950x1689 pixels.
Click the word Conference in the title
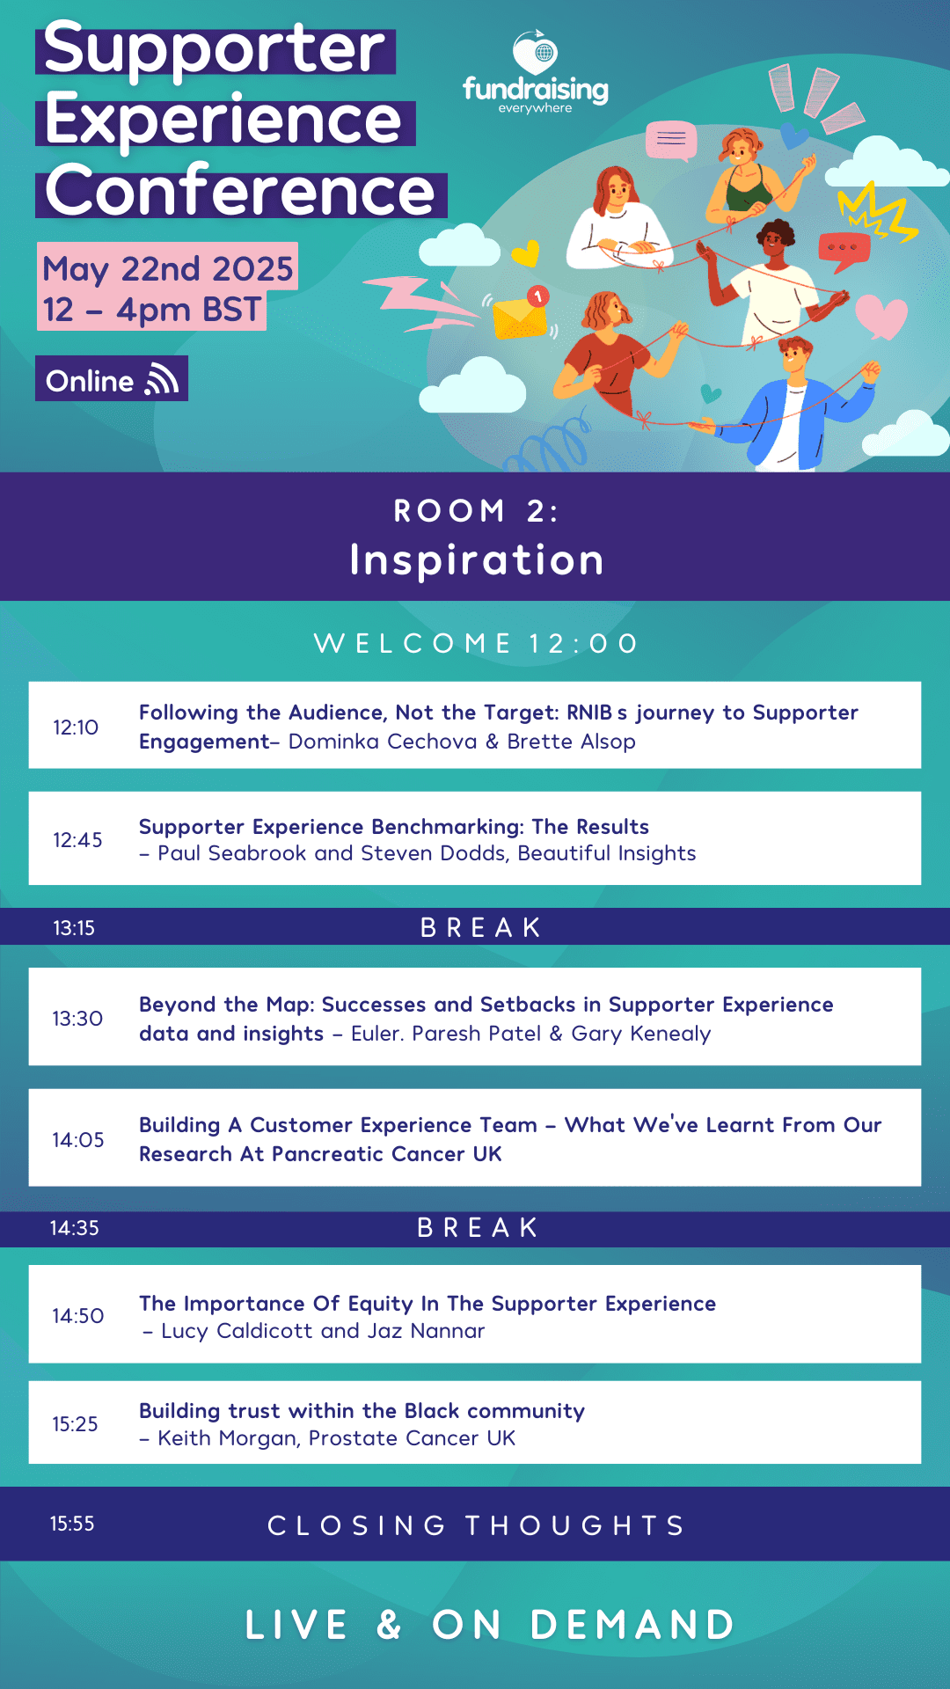pos(240,191)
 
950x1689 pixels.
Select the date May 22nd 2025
pos(167,268)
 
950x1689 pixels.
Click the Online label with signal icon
pos(112,379)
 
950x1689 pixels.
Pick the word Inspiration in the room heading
pos(477,560)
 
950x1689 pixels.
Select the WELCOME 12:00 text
pos(475,643)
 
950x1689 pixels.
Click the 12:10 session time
pos(76,728)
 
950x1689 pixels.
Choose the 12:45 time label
pos(77,840)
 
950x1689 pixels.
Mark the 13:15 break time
pos(74,928)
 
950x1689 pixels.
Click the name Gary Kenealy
pos(640,1034)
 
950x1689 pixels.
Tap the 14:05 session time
pos(78,1140)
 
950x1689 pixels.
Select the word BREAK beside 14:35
pos(478,1228)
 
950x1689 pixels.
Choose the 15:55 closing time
pos(72,1524)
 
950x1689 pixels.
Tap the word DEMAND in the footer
pos(632,1625)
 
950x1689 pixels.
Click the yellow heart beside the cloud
pos(525,253)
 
